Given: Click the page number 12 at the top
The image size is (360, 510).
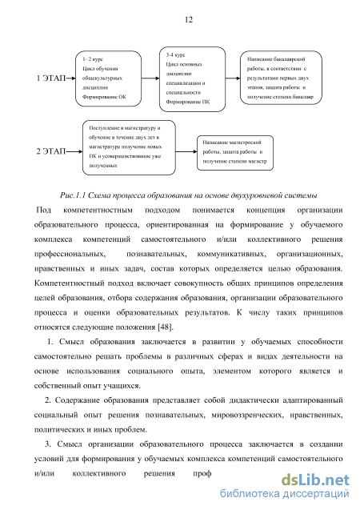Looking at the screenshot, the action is (x=189, y=20).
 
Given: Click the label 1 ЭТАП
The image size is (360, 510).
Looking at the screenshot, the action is (x=51, y=78).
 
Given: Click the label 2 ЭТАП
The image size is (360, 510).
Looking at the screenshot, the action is (x=51, y=151).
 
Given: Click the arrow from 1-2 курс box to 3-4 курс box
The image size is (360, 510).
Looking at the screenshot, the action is (x=150, y=78).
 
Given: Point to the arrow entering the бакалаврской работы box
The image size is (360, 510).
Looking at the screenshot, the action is (x=233, y=78).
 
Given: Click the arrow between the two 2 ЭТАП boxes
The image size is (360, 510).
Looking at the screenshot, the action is (x=186, y=151).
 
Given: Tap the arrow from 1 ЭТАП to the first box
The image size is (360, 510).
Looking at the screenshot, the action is (x=70, y=78).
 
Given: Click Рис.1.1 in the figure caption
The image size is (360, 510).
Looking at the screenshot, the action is (x=73, y=195).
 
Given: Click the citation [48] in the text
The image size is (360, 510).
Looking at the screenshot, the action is (x=166, y=327).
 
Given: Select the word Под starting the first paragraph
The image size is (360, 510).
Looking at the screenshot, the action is (x=44, y=210).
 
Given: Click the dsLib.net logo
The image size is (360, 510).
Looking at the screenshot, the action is (x=315, y=480).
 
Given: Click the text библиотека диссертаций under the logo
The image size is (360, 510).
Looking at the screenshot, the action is (x=285, y=493).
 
